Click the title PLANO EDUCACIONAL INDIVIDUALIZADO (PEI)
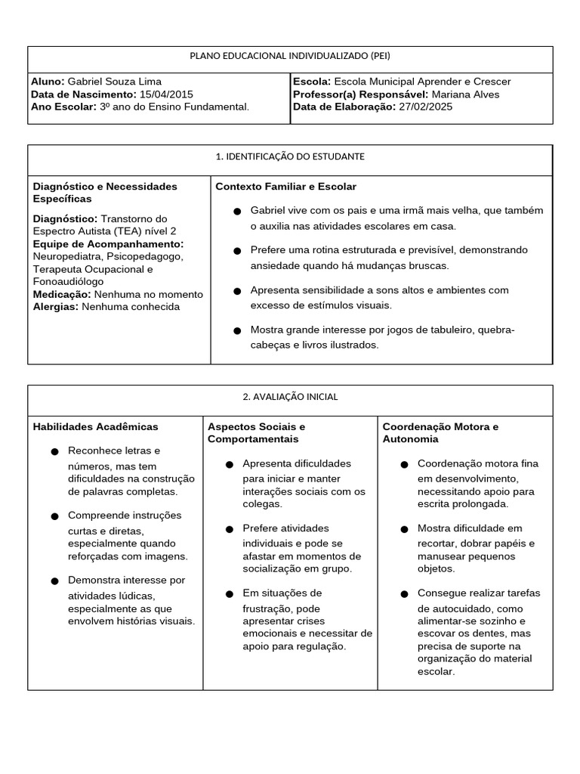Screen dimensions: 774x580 click(x=290, y=56)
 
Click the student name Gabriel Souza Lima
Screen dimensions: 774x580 click(x=115, y=82)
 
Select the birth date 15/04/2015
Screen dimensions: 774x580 click(x=167, y=94)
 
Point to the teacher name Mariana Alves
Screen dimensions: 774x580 click(x=465, y=94)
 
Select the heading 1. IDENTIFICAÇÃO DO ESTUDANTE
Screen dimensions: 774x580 click(x=290, y=156)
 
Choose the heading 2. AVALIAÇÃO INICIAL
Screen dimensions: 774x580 click(x=290, y=397)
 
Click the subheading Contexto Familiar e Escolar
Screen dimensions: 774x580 click(x=286, y=187)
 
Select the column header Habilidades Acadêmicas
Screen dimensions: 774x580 click(x=96, y=427)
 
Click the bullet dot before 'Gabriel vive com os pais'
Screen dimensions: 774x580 click(x=237, y=211)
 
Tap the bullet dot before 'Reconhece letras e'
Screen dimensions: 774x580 click(x=54, y=452)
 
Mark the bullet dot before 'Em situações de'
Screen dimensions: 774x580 click(x=229, y=594)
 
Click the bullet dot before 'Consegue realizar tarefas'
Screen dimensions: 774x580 click(x=404, y=594)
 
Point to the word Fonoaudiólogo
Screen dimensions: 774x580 click(x=68, y=281)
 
